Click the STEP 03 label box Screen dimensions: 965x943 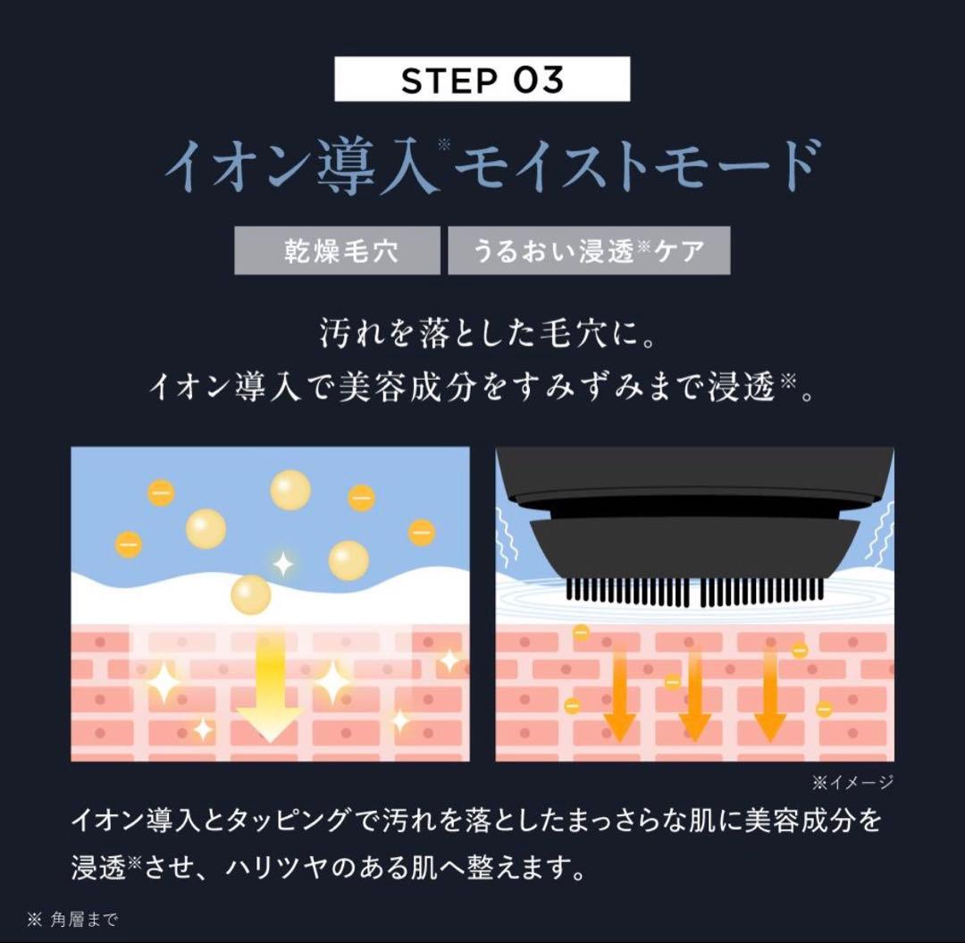pyautogui.click(x=482, y=79)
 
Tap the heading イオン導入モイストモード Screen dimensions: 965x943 pyautogui.click(x=492, y=165)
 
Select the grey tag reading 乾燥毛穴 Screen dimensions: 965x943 pyautogui.click(x=337, y=250)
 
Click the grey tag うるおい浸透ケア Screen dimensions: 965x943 pyautogui.click(x=589, y=250)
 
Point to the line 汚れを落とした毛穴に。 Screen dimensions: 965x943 pyautogui.click(x=486, y=333)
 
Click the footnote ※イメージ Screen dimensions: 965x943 pyautogui.click(x=852, y=782)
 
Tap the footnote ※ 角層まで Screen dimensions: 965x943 pyautogui.click(x=72, y=920)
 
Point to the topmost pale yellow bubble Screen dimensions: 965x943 pyautogui.click(x=290, y=490)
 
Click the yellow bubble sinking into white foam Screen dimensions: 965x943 pyautogui.click(x=251, y=595)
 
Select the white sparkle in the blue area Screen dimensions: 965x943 pyautogui.click(x=282, y=564)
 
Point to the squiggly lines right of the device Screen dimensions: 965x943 pyautogui.click(x=881, y=533)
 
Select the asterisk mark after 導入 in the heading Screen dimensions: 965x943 pyautogui.click(x=444, y=146)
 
